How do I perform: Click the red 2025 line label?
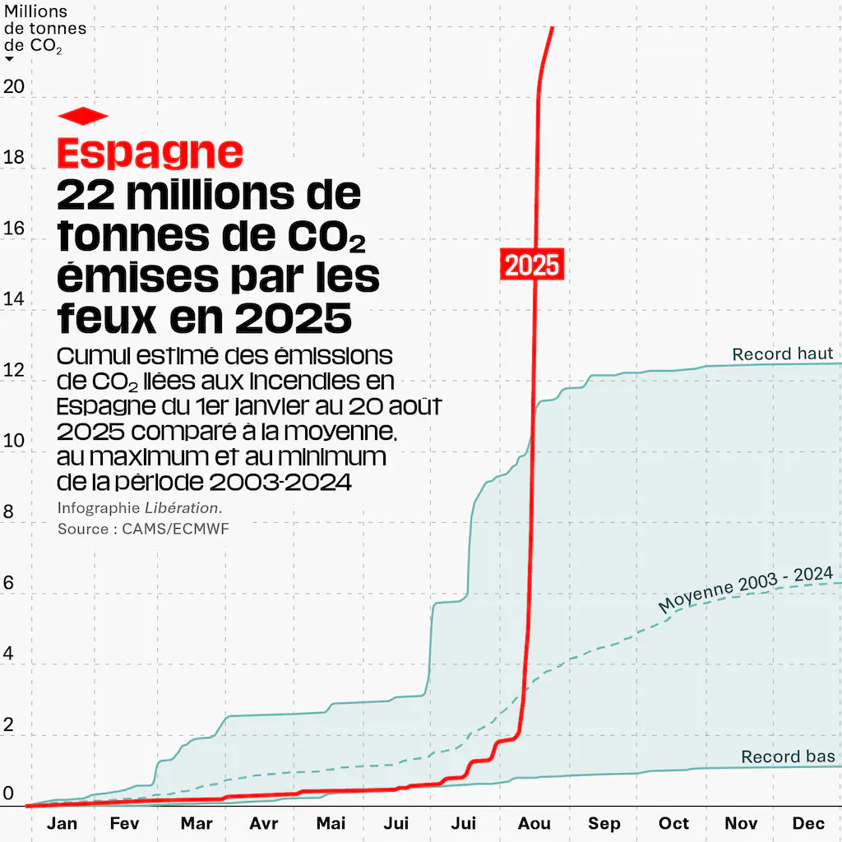(x=532, y=266)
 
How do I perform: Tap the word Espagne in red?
(x=150, y=152)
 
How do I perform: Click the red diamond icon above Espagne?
(x=83, y=116)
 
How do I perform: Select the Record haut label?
(x=783, y=354)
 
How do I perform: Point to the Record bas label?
(x=788, y=756)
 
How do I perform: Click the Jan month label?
(x=62, y=823)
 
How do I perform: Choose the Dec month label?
(x=808, y=823)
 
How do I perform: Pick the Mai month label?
(x=331, y=823)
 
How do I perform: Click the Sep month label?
(x=604, y=823)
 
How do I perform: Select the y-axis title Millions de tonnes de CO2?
(x=45, y=30)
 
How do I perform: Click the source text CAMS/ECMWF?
(x=175, y=529)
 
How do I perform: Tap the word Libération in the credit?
(x=182, y=508)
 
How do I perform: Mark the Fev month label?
(x=125, y=823)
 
